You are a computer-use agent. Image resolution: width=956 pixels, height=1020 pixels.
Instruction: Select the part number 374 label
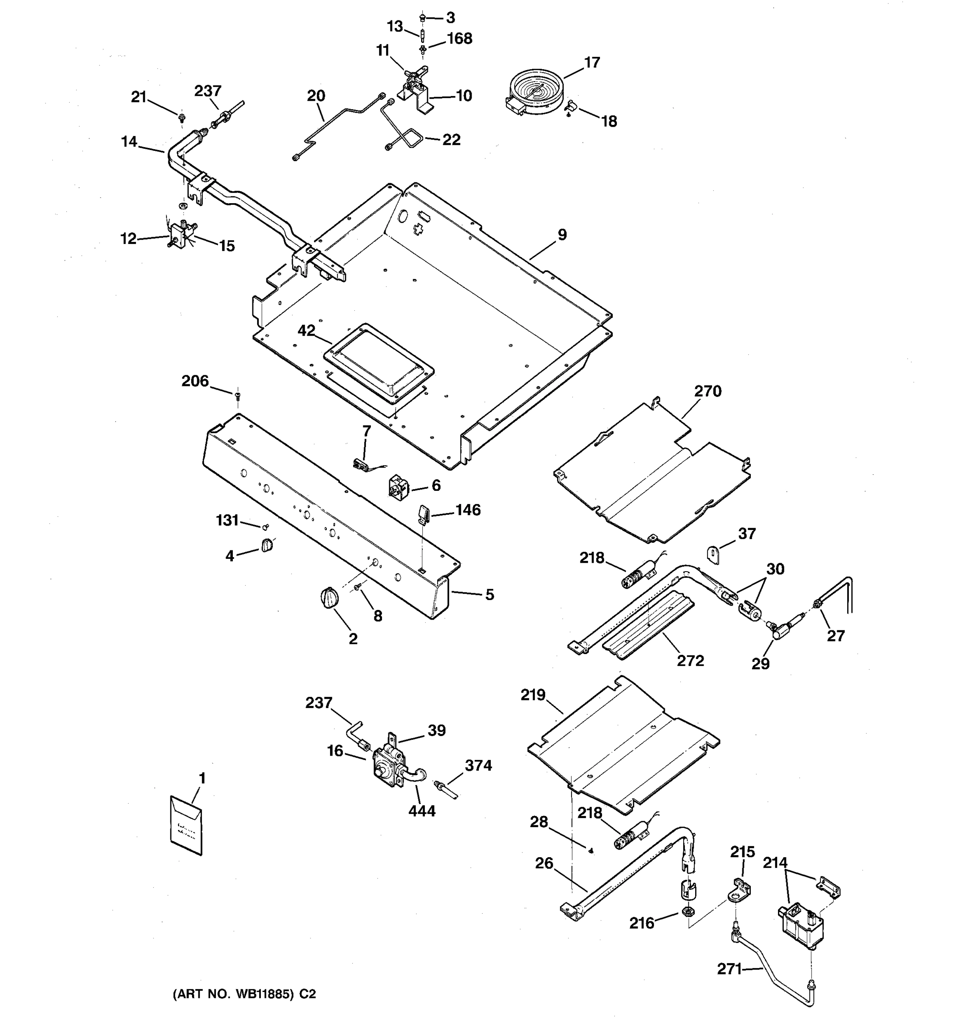(x=478, y=765)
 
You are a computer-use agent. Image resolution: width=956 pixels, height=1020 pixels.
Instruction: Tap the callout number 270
(x=708, y=391)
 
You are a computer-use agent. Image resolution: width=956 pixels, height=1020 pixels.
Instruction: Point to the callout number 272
(x=690, y=660)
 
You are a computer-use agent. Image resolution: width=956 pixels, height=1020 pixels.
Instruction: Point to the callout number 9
(x=562, y=235)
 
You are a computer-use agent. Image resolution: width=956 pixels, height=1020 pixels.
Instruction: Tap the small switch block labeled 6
(x=399, y=485)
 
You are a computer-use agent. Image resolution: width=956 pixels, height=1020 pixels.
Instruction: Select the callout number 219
(x=533, y=695)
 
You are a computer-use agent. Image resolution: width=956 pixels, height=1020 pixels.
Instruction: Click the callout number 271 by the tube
(x=729, y=969)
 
